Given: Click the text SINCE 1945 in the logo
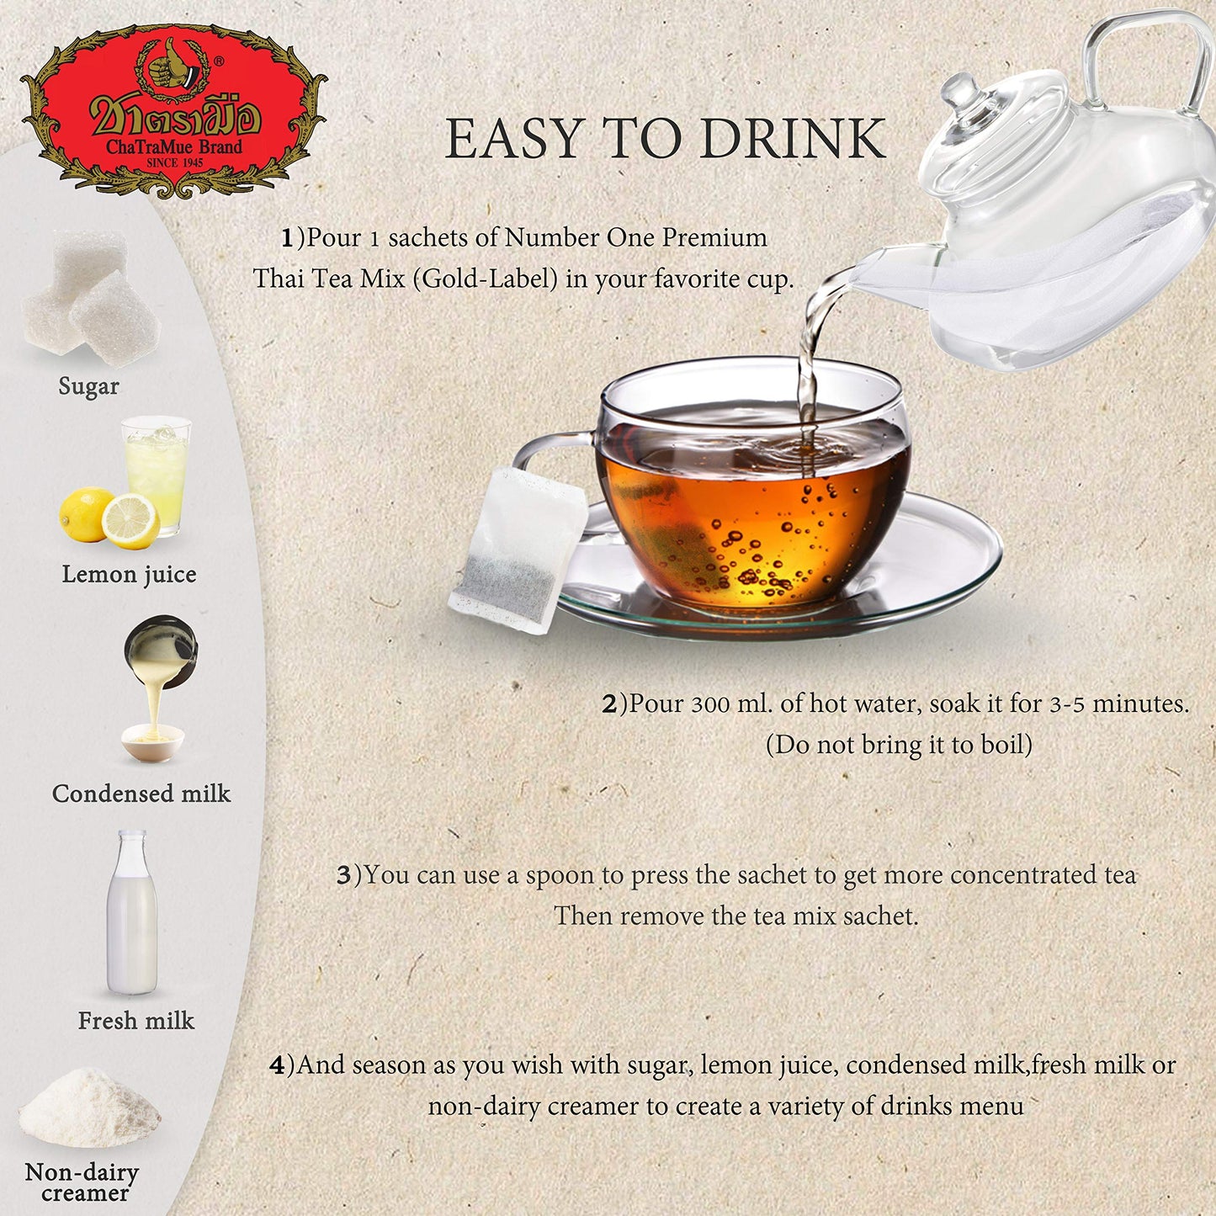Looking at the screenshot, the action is click(175, 163).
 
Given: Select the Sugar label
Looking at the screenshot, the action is click(88, 386).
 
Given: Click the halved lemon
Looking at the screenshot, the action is click(130, 522).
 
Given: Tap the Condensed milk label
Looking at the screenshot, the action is click(141, 794).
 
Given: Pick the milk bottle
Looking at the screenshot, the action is click(132, 913).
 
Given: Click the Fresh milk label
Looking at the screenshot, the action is click(136, 1021).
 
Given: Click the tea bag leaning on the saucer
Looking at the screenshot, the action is click(518, 550).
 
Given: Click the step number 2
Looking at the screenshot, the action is click(609, 704).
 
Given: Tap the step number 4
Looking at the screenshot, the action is click(277, 1065).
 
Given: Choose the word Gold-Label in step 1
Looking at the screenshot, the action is click(490, 279).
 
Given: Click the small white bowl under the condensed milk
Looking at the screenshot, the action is click(152, 742).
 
